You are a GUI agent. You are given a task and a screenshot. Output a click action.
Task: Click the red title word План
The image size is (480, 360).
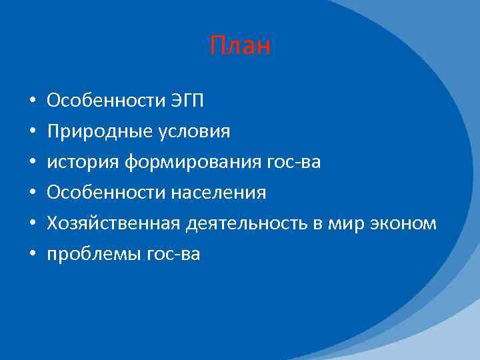coord(240,46)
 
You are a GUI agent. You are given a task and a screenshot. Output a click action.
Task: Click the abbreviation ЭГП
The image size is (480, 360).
coord(186,101)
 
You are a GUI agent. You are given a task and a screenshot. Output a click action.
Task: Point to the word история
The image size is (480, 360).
coord(77,163)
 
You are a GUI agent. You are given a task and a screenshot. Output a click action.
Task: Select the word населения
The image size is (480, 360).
coord(219,193)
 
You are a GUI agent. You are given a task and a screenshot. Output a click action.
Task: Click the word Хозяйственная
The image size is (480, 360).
coord(113,223)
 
